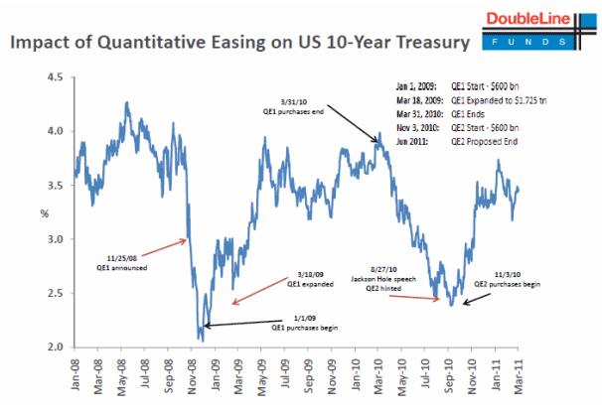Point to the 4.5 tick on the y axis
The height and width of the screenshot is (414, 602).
pyautogui.click(x=58, y=76)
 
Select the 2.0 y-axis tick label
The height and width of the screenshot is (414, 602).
pyautogui.click(x=58, y=347)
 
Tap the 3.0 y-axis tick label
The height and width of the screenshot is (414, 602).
pyautogui.click(x=58, y=239)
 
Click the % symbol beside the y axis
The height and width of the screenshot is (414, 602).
pyautogui.click(x=43, y=212)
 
